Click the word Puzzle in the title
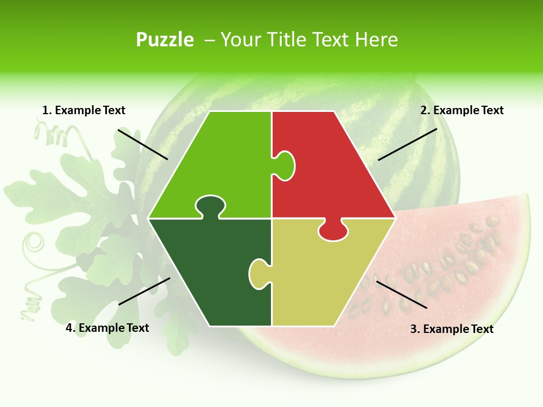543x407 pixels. (x=165, y=40)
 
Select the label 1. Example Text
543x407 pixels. (x=84, y=110)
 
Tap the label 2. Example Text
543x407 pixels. (x=462, y=110)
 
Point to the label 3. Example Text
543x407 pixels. (x=451, y=329)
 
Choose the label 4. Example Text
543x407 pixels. (x=107, y=328)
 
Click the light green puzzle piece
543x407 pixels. (x=215, y=164)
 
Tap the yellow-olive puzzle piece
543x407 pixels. (x=328, y=271)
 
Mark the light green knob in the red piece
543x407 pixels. (x=285, y=165)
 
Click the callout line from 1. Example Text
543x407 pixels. (x=143, y=144)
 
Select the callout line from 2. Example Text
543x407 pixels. (x=407, y=144)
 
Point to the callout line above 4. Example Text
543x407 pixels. (x=144, y=291)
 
